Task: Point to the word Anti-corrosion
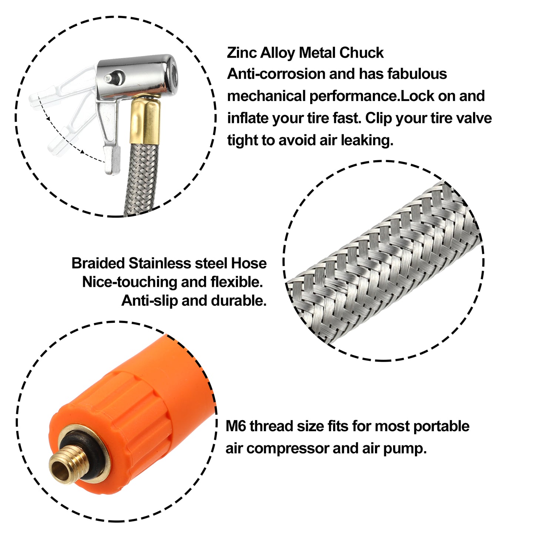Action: click(276, 74)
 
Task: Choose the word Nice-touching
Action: click(130, 282)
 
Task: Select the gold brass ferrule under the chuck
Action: click(145, 121)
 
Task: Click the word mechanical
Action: click(266, 96)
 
